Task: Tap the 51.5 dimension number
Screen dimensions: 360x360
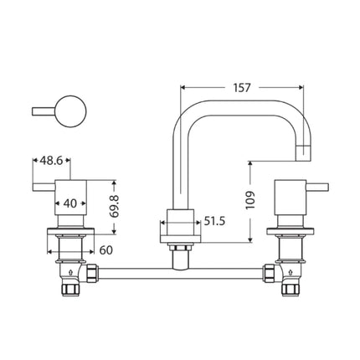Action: coord(216,222)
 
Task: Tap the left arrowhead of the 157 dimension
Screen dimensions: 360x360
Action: coord(185,86)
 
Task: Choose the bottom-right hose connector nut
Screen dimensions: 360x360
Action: coord(293,288)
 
